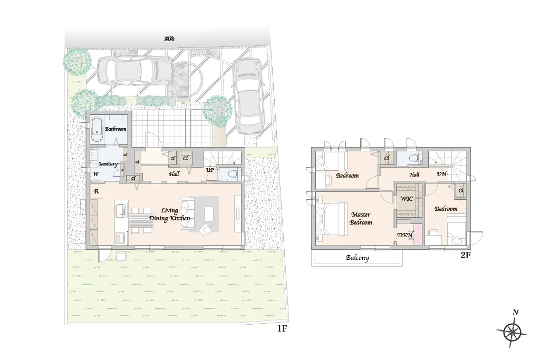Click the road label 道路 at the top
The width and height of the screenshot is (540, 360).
coord(169,39)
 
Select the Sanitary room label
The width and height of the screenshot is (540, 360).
coord(108,164)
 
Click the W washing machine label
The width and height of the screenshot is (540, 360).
coord(96,174)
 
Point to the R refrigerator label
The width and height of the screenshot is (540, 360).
coord(96,191)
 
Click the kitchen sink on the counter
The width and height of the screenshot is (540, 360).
coord(121,210)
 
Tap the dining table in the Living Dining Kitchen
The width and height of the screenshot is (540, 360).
coord(141,221)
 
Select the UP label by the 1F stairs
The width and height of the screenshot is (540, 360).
coord(210,170)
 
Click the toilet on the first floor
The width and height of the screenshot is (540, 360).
coord(232,174)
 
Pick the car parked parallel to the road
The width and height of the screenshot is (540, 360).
coord(135,71)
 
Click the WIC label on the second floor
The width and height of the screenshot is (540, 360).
coord(407,199)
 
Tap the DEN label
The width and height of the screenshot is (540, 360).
coord(405,235)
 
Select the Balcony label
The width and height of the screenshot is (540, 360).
coord(358,258)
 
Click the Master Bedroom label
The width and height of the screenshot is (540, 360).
coord(361,219)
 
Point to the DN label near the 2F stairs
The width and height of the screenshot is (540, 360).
coord(442,174)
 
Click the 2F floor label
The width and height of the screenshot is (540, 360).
coord(465,255)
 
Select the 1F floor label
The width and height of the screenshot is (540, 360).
coord(282,329)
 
